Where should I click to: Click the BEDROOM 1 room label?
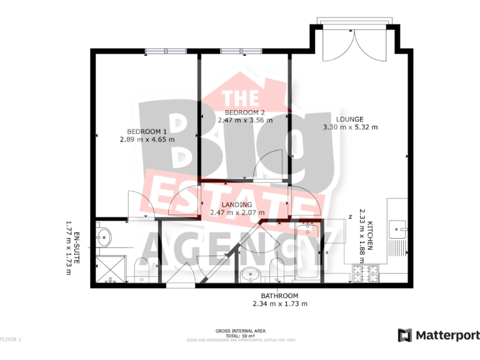click(147, 131)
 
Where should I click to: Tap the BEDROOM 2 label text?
click(246, 112)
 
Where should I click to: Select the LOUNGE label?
click(350, 119)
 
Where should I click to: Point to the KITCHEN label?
click(370, 236)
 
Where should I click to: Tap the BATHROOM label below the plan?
click(279, 296)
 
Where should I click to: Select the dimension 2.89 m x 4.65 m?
click(147, 139)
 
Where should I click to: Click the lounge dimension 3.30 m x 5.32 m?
click(350, 127)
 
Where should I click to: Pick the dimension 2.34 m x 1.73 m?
click(279, 304)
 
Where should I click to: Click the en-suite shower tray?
click(109, 269)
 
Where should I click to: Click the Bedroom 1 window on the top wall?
click(166, 51)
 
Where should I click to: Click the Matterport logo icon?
click(404, 336)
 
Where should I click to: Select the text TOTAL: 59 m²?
click(241, 336)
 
